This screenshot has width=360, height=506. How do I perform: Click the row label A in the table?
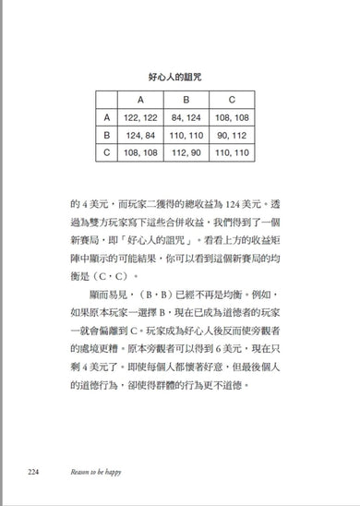tap(107, 117)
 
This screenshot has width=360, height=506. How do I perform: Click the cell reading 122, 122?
tap(139, 117)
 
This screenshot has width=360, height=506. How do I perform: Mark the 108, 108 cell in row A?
tap(232, 117)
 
